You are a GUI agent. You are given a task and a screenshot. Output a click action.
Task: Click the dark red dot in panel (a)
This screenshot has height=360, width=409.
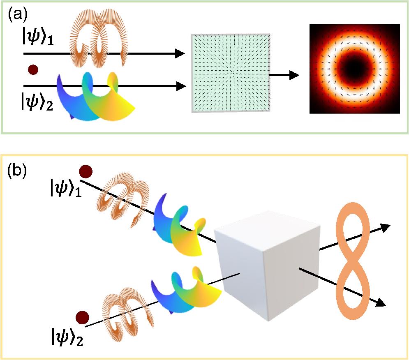click(x=33, y=70)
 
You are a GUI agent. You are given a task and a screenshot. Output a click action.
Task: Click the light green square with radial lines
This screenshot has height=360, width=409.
click(x=230, y=73)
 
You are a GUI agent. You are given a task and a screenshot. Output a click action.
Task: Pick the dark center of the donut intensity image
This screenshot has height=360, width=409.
click(x=354, y=69)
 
